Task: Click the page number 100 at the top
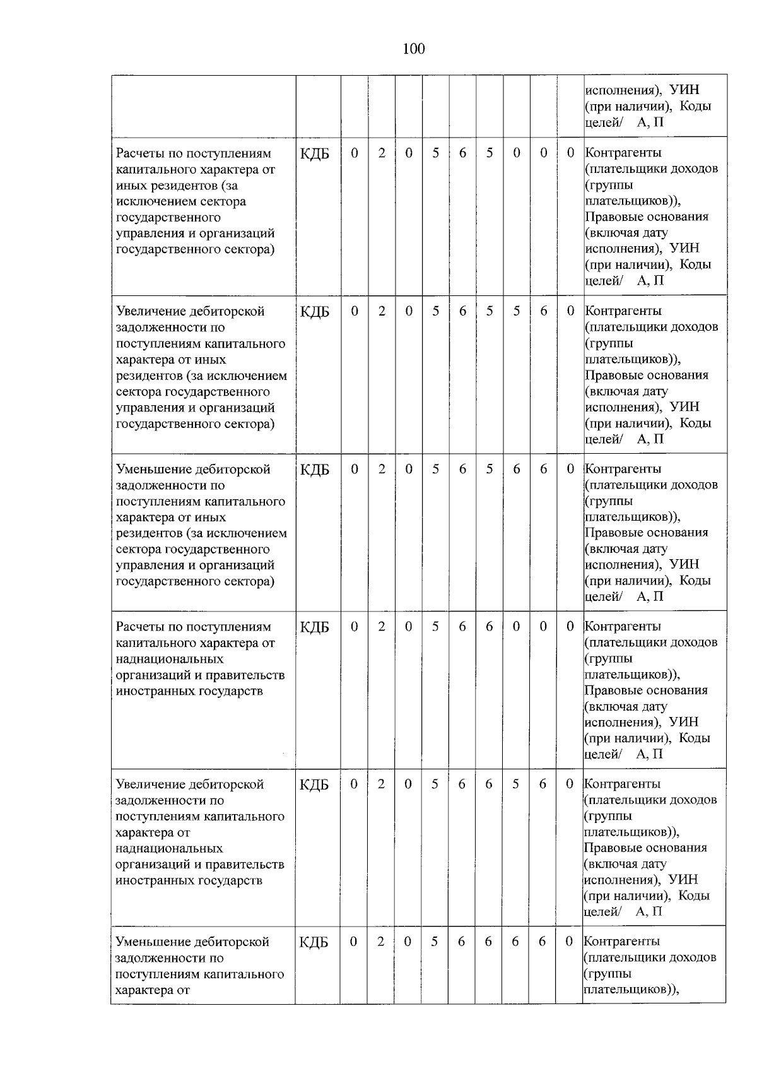(x=413, y=49)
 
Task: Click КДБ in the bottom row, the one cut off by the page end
(x=314, y=942)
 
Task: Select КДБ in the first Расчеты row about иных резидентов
(x=315, y=153)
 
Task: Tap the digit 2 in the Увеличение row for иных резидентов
(x=382, y=311)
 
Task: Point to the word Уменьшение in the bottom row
(x=151, y=942)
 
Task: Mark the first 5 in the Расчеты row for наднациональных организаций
(x=435, y=627)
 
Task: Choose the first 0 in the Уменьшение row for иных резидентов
(x=355, y=469)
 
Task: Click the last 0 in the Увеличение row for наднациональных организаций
(x=570, y=784)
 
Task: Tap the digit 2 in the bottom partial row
(x=380, y=942)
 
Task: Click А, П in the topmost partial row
(x=650, y=122)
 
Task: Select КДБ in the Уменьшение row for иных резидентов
(x=315, y=469)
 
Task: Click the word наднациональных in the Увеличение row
(x=169, y=848)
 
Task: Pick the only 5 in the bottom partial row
(x=434, y=942)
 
